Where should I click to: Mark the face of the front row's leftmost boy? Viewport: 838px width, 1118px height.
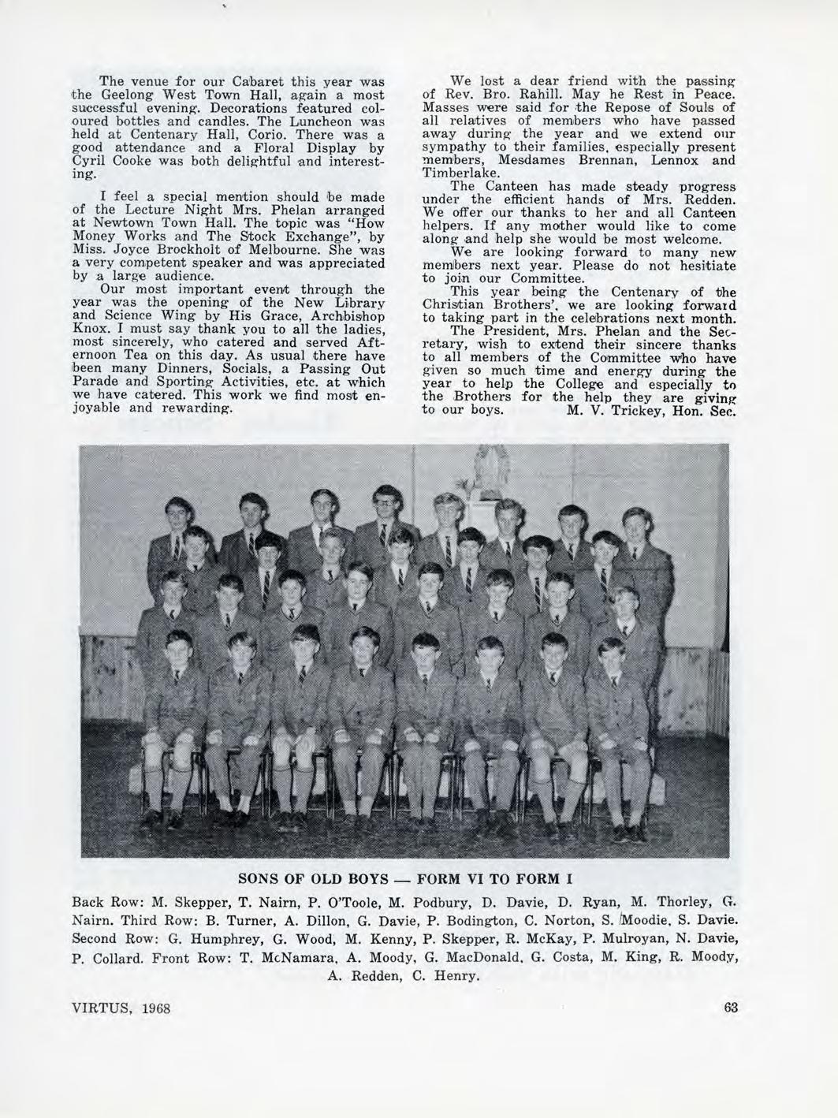coord(180,645)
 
